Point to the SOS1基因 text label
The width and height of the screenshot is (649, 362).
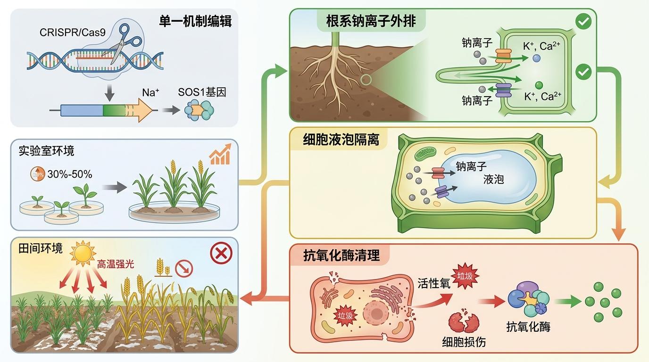(x=202, y=92)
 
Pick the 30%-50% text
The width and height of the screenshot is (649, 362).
(x=70, y=174)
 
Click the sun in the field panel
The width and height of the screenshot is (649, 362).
(x=83, y=254)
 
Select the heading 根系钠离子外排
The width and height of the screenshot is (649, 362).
(x=371, y=21)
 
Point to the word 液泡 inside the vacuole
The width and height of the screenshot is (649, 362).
(x=493, y=180)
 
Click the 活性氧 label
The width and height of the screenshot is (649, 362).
(x=434, y=284)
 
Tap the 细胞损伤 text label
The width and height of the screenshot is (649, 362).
(x=464, y=342)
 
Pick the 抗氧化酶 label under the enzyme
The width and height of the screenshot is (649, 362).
(x=528, y=326)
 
